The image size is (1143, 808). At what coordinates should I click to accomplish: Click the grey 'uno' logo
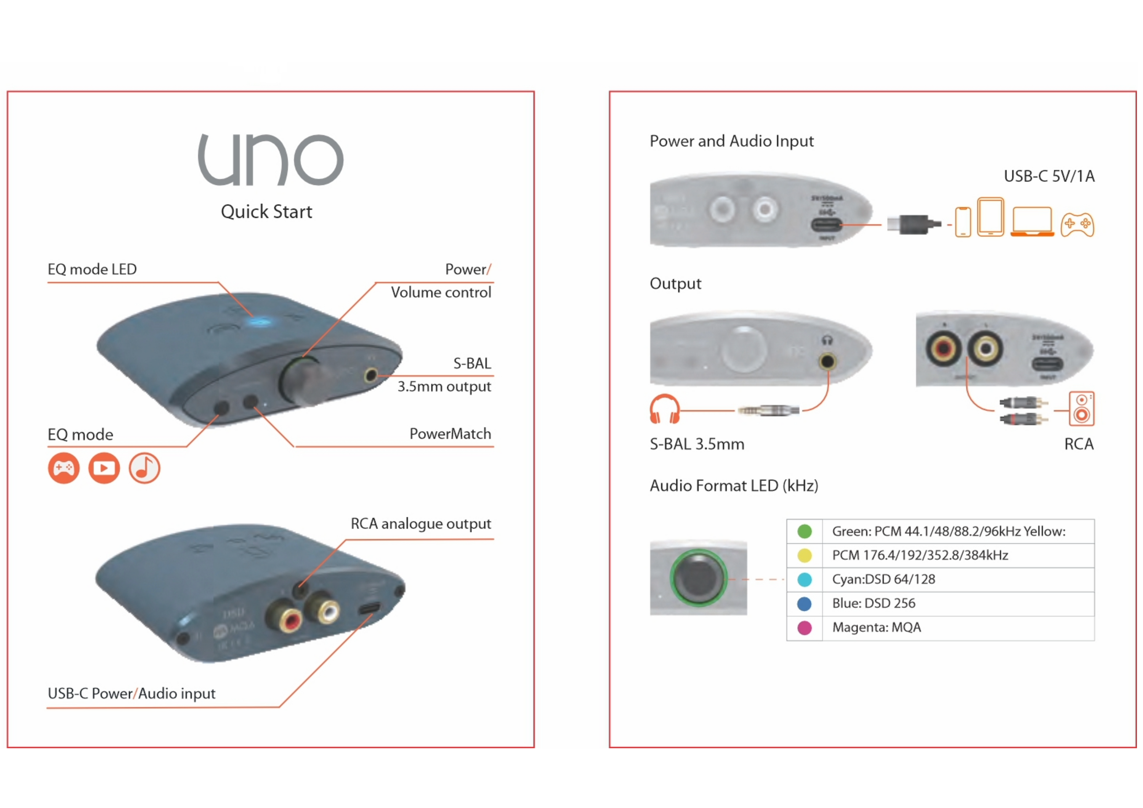tap(270, 159)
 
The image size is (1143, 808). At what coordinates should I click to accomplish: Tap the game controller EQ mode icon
tap(64, 468)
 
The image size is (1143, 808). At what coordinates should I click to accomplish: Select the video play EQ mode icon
tap(104, 468)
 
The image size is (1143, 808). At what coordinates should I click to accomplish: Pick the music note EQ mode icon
tap(144, 468)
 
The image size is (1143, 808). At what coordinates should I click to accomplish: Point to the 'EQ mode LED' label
tap(92, 269)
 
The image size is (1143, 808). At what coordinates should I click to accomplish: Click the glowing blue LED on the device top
tap(259, 322)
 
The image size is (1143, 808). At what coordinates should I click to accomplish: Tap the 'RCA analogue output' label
tap(421, 524)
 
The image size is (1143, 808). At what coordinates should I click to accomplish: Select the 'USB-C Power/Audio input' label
tap(131, 694)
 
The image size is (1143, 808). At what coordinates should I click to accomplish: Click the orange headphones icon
tap(665, 409)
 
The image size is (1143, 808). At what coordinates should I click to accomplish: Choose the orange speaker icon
tap(1081, 409)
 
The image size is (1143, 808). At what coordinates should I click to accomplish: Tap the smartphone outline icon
tap(963, 222)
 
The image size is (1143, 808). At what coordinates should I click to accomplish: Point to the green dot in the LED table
tap(805, 531)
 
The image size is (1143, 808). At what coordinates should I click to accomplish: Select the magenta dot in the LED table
tap(805, 628)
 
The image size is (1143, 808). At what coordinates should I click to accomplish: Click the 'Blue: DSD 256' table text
tap(874, 603)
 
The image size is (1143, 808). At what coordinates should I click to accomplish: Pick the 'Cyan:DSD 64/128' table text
tap(884, 579)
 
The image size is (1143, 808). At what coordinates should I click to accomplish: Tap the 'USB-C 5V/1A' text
tap(1049, 176)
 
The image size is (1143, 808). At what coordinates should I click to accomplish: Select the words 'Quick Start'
tap(266, 212)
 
